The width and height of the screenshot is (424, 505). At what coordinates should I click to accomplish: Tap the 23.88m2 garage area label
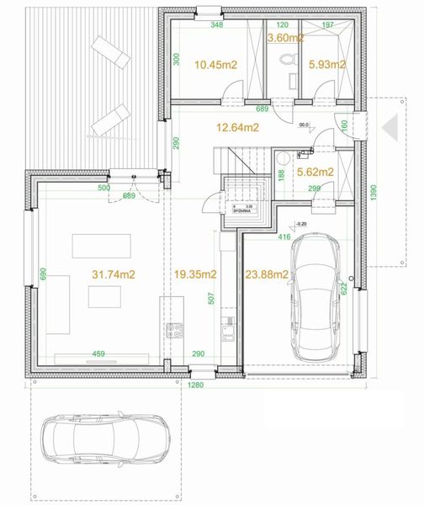coord(268,274)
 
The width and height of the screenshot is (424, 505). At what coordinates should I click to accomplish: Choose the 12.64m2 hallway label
coord(236,128)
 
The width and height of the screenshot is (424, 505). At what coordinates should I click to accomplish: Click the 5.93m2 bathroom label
coord(327,64)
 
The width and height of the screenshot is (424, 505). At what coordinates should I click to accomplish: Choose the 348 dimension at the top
coord(216,26)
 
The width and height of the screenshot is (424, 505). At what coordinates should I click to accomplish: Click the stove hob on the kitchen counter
coord(176,330)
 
